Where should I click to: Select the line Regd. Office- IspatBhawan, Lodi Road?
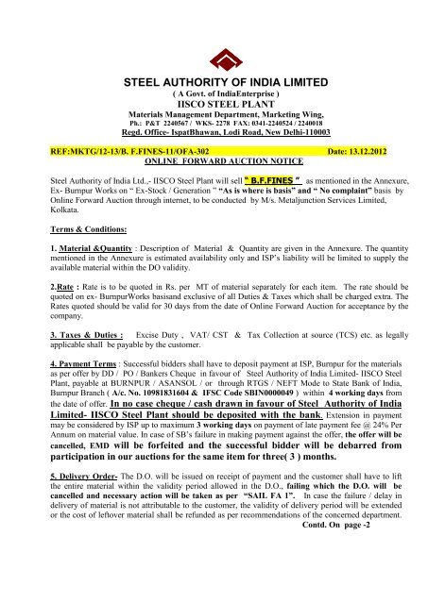click(x=213, y=136)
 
